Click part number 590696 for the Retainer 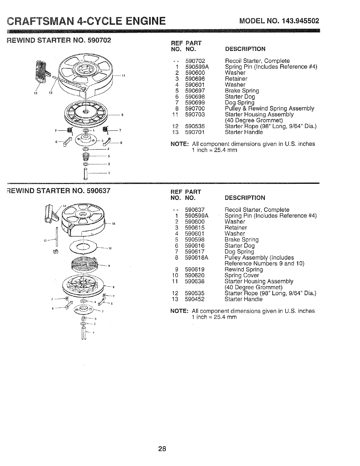point(195,79)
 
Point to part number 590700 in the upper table point(195,108)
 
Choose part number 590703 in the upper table point(195,114)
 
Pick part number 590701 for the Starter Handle point(195,132)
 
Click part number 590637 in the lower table point(195,210)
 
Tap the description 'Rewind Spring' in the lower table point(244,270)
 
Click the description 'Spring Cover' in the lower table point(242,275)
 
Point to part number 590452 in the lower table point(195,299)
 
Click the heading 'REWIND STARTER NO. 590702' point(59,40)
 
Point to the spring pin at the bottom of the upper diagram point(86,173)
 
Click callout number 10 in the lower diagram point(110,249)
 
